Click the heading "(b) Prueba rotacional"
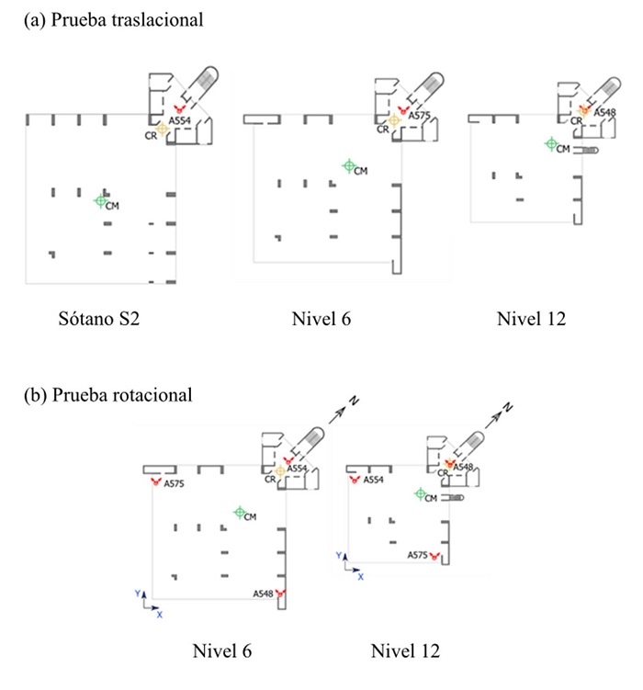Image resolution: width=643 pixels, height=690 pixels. point(107,395)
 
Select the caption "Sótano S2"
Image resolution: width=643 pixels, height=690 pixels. point(96,320)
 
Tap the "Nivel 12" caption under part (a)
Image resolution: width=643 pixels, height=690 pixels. point(531,320)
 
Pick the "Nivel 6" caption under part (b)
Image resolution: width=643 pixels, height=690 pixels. point(221,650)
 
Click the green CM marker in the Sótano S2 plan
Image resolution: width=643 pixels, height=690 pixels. point(101,199)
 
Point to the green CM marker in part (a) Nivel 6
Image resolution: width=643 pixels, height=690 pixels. point(348,166)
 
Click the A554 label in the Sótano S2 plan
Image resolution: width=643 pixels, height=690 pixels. point(181,120)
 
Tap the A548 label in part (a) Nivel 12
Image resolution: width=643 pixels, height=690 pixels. point(604,113)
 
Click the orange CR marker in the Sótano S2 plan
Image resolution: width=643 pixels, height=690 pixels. point(163,130)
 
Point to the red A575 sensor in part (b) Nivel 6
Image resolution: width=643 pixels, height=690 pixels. point(155,481)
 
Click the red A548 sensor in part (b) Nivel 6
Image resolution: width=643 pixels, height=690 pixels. point(280,593)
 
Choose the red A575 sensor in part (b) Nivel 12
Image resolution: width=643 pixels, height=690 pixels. point(435,556)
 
